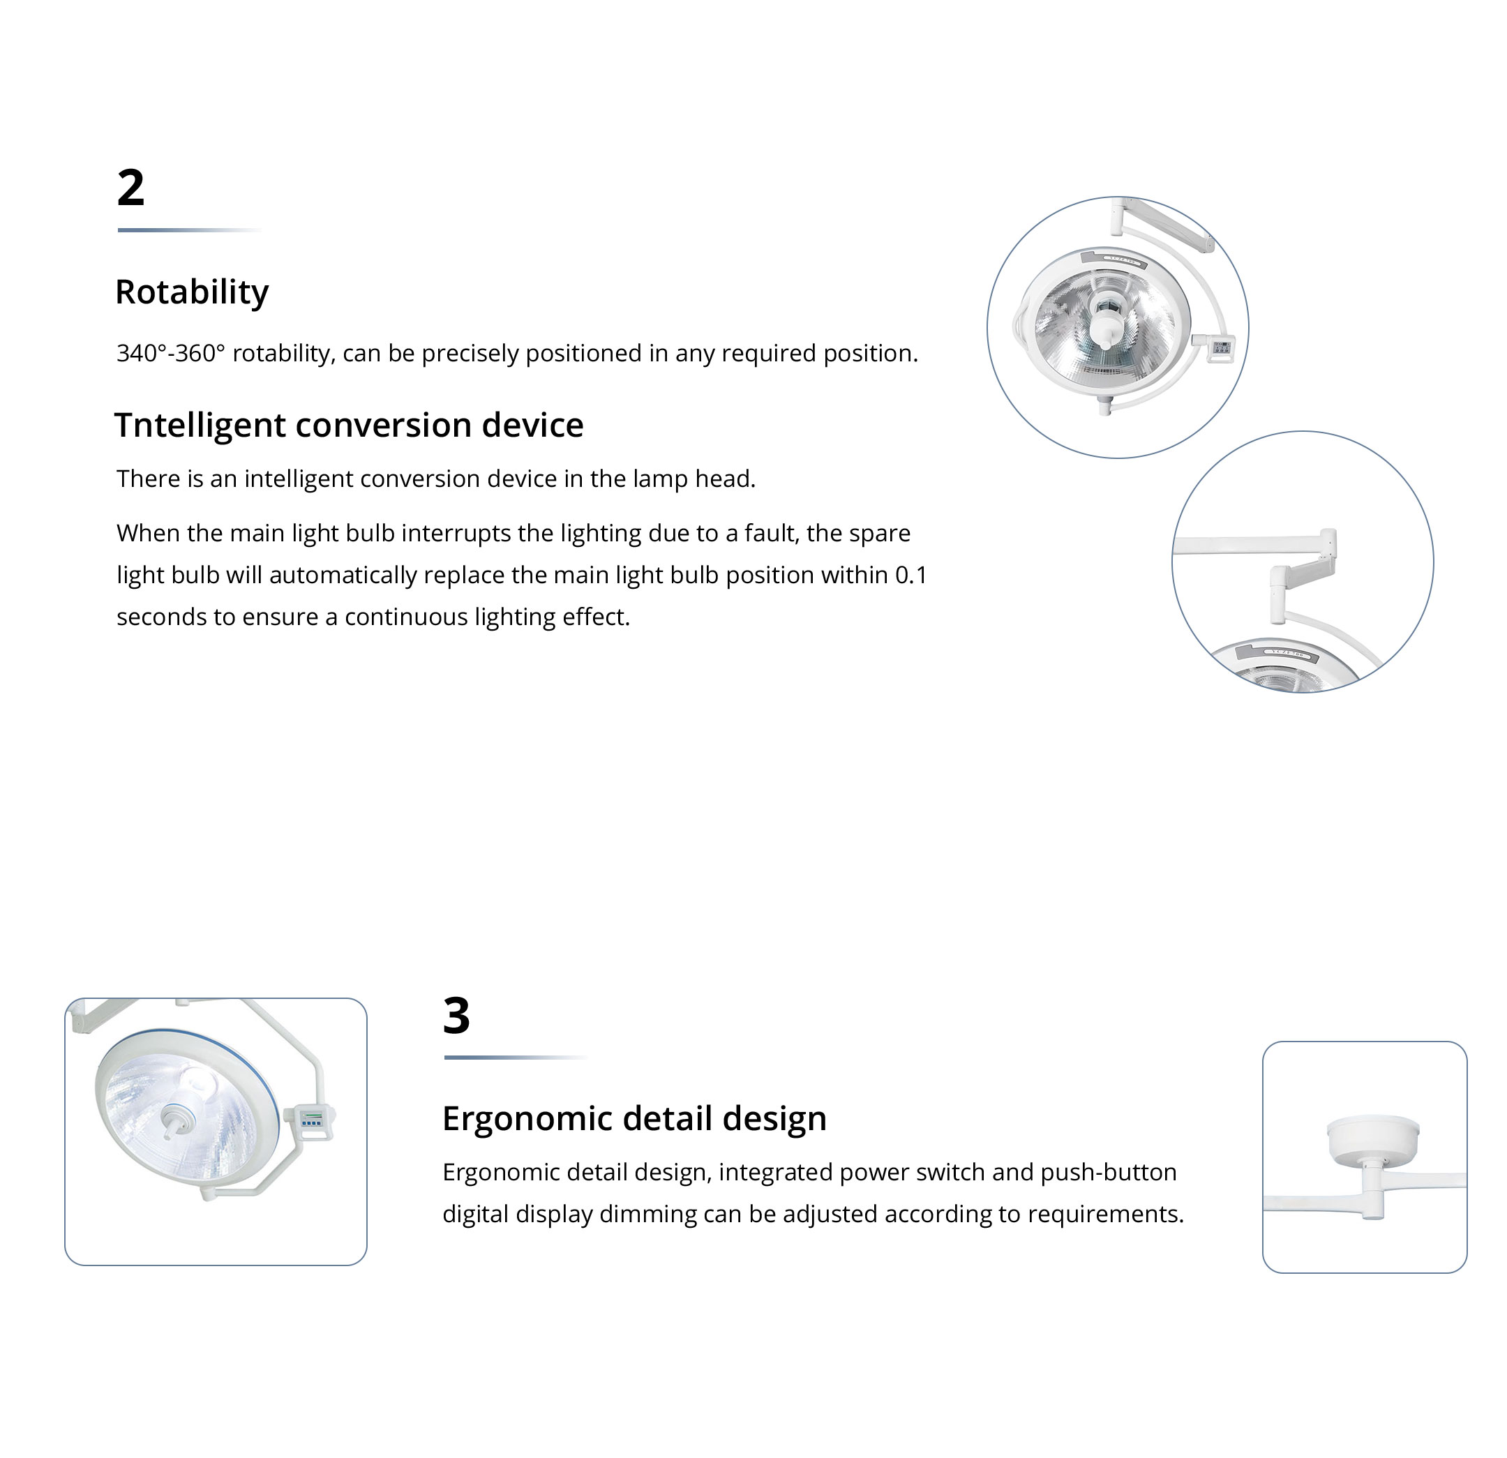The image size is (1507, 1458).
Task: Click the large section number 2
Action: (130, 188)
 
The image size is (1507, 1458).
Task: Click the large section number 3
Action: (456, 1015)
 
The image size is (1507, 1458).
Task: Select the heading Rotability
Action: (191, 292)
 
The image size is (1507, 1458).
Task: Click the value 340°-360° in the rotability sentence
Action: (171, 353)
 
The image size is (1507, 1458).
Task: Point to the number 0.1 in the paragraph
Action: (911, 576)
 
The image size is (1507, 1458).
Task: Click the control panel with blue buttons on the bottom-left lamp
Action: (312, 1122)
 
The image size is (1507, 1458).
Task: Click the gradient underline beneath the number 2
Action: (190, 230)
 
